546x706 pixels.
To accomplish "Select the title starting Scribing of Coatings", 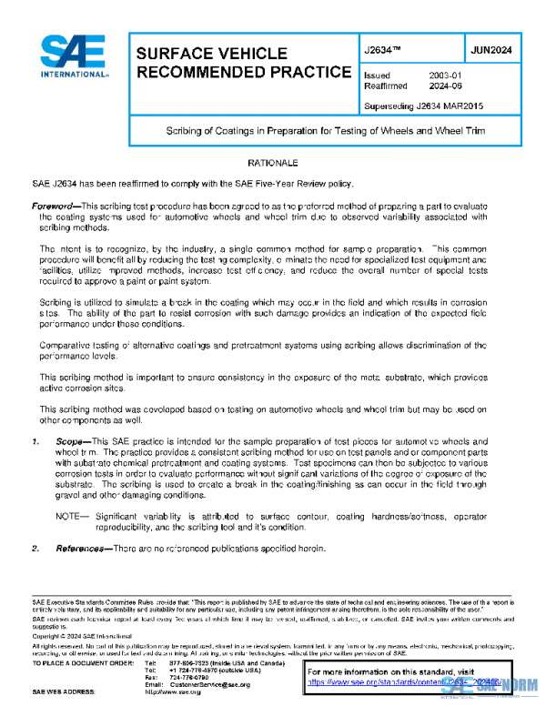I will pos(325,131).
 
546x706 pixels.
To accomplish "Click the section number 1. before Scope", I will pos(35,441).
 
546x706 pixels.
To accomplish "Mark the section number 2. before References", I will pos(35,549).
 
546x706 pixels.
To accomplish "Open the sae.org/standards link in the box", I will pos(400,680).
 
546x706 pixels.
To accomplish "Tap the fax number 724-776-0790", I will pos(189,677).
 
